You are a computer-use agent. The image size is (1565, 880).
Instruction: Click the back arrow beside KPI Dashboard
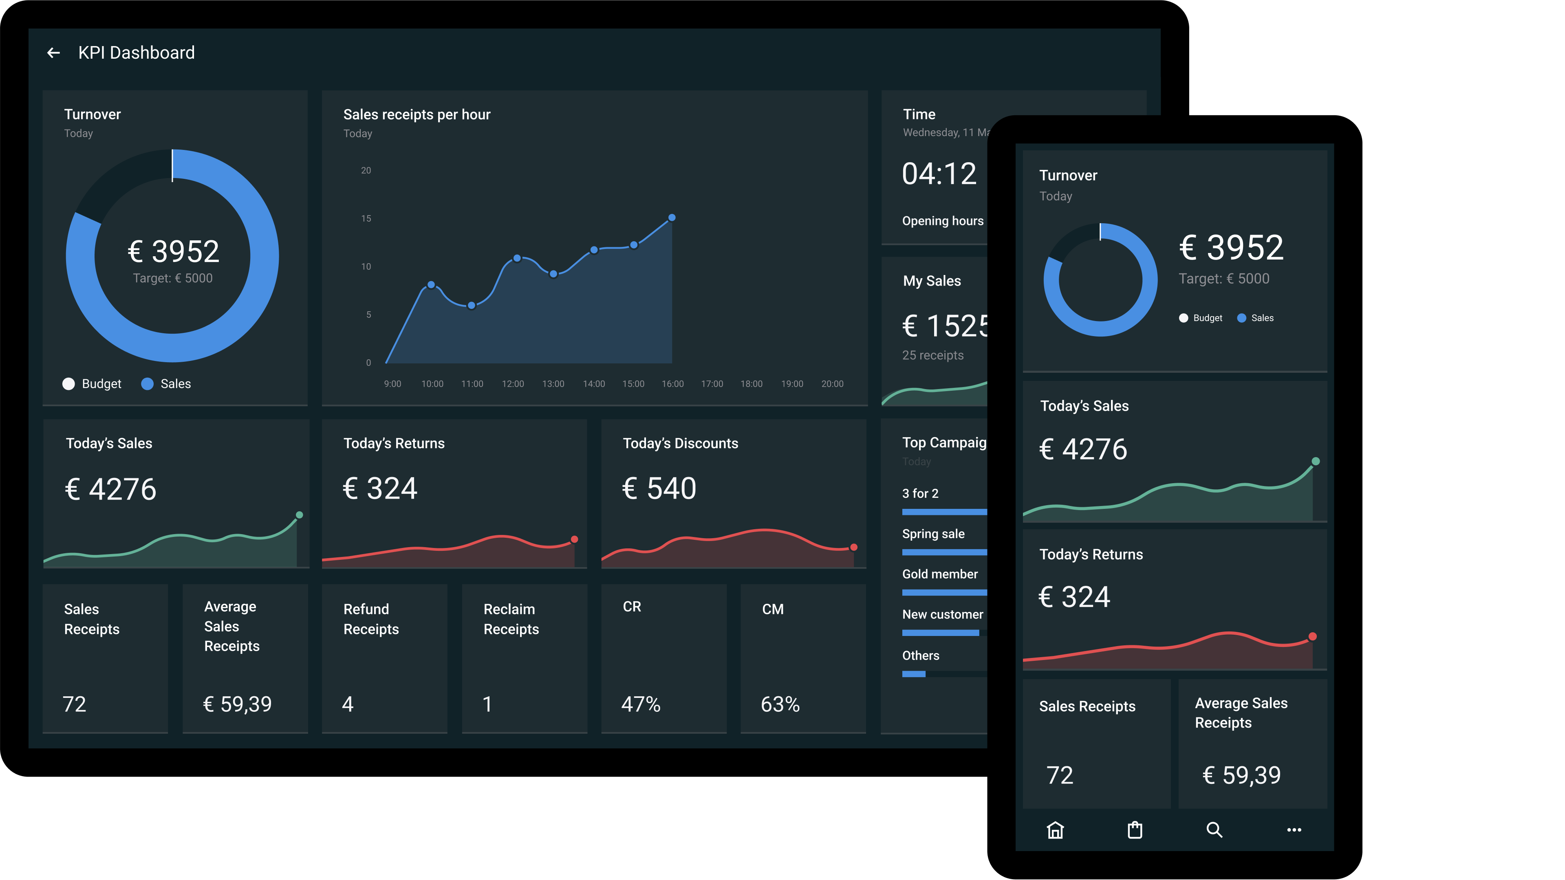(x=53, y=53)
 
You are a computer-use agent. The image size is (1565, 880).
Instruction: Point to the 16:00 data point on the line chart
(x=672, y=218)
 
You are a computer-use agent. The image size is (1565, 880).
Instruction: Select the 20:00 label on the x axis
(x=832, y=384)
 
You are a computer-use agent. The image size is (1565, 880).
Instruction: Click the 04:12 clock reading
(x=939, y=174)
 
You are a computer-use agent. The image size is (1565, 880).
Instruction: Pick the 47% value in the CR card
(x=641, y=704)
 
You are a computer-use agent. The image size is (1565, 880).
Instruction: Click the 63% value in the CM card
(x=780, y=704)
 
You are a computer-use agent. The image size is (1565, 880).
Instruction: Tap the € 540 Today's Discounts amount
(x=659, y=488)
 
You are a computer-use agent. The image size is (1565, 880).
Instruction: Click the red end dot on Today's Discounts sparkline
(x=853, y=547)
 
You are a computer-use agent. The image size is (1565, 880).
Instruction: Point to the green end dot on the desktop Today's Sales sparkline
(x=300, y=515)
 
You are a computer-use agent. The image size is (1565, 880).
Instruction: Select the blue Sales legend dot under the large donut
(x=147, y=384)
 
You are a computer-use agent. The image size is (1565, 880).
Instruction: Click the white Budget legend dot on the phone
(x=1184, y=318)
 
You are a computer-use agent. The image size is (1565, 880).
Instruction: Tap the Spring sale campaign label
(x=933, y=534)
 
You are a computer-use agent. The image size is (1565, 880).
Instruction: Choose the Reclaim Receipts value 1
(x=487, y=704)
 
